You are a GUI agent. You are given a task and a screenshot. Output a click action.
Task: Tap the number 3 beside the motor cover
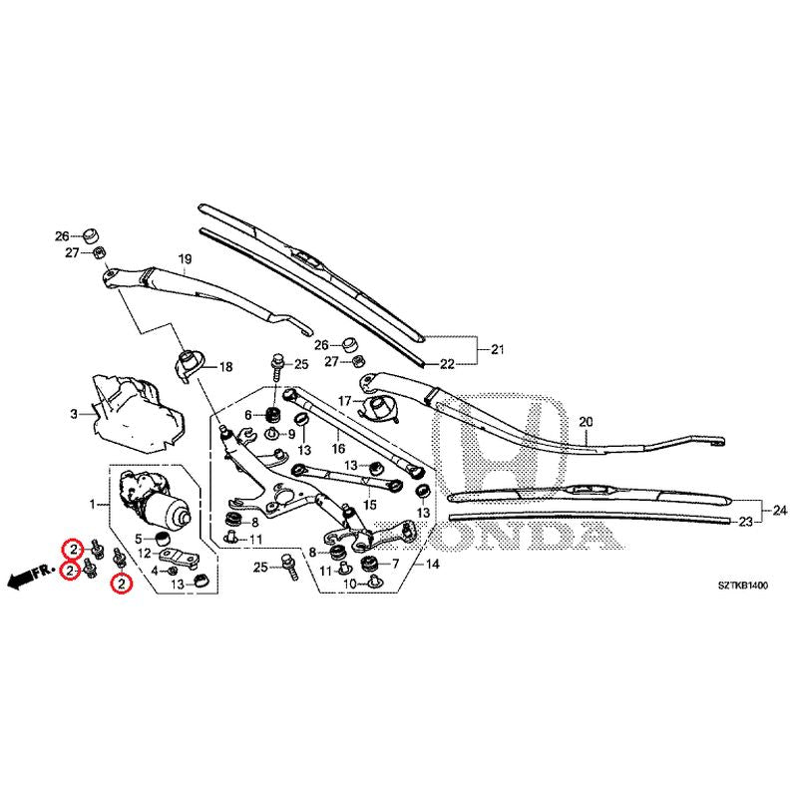click(73, 413)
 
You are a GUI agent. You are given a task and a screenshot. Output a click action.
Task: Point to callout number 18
click(225, 367)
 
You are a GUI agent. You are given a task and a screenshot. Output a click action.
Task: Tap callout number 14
click(432, 564)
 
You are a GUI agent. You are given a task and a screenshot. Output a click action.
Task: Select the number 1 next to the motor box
click(94, 508)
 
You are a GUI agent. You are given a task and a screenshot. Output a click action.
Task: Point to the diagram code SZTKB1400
click(741, 587)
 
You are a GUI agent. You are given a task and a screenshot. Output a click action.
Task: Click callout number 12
click(146, 554)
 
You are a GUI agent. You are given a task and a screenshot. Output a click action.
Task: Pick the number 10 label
click(349, 583)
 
